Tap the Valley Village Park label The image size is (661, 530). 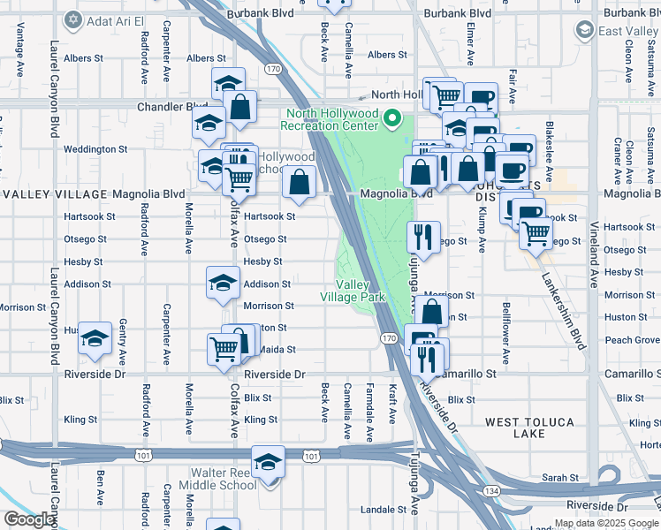(360, 291)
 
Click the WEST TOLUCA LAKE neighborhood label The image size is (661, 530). (530, 428)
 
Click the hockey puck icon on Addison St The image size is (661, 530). (223, 283)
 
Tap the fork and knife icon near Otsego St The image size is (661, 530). (423, 236)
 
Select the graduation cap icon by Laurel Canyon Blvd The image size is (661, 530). (95, 338)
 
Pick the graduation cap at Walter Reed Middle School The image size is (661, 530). (268, 462)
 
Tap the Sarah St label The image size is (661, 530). (559, 477)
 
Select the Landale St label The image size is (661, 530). (382, 510)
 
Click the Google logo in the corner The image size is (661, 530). (28, 519)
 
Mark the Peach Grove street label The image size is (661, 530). (633, 340)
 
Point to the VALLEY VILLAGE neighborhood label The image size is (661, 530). (55, 193)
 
